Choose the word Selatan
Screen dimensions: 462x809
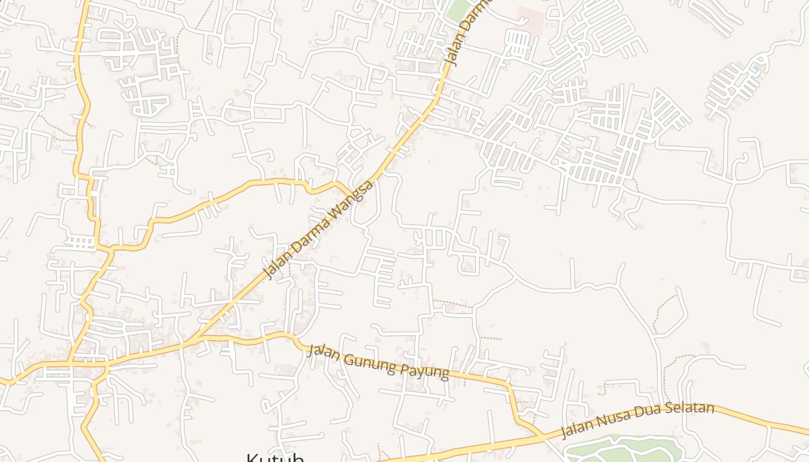click(693, 409)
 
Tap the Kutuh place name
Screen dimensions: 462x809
click(275, 457)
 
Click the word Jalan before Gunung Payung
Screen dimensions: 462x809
click(324, 352)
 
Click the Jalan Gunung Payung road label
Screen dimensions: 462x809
click(378, 362)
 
